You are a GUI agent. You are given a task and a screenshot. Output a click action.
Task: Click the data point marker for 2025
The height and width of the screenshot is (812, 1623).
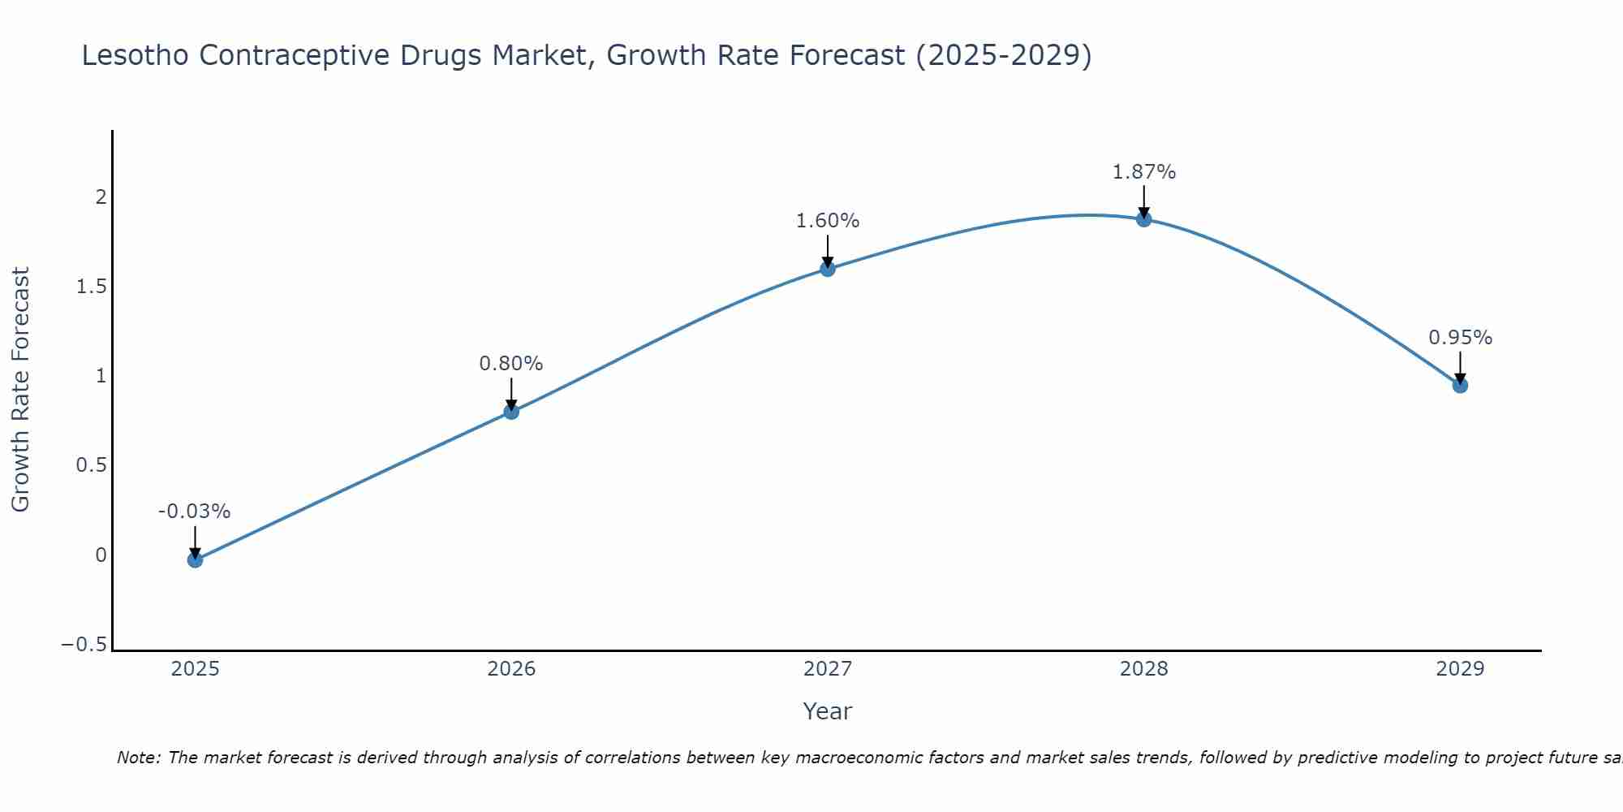pos(195,559)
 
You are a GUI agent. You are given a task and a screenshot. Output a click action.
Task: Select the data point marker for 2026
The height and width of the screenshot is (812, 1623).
pos(511,412)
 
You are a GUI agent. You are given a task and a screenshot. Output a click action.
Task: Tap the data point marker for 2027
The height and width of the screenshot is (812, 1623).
pos(828,269)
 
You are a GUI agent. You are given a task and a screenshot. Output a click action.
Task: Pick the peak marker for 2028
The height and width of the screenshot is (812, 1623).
pos(1143,219)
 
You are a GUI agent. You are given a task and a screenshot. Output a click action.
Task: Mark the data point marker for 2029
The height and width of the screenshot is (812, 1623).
pos(1460,385)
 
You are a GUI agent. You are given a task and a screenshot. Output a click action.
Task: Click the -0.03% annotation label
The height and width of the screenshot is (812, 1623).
pos(194,512)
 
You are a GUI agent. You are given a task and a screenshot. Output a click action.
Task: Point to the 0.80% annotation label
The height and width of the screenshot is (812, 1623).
pos(511,364)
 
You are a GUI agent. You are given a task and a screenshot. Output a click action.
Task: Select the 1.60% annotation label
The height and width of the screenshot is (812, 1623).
pos(828,221)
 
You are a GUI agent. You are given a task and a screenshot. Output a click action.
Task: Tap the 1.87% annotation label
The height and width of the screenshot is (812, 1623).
pos(1143,172)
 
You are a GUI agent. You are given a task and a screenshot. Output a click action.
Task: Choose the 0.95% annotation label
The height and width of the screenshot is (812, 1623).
pos(1460,338)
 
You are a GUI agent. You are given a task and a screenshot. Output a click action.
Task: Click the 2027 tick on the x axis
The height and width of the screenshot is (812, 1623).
pos(828,669)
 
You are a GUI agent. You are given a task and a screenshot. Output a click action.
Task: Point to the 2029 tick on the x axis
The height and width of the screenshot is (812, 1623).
pos(1460,669)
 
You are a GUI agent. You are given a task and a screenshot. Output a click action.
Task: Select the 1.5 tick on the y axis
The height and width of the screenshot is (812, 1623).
pos(92,287)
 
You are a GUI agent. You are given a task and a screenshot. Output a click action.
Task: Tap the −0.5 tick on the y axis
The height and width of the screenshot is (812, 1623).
pos(84,644)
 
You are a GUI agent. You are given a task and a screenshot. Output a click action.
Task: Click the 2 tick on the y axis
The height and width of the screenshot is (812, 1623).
pos(101,197)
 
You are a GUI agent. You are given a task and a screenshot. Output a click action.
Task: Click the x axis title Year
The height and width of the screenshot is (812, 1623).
pos(827,711)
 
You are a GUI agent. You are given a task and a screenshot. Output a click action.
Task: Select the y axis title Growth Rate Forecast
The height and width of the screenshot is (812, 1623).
pos(20,389)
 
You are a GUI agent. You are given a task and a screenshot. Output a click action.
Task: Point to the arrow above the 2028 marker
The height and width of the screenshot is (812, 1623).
pos(1143,201)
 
